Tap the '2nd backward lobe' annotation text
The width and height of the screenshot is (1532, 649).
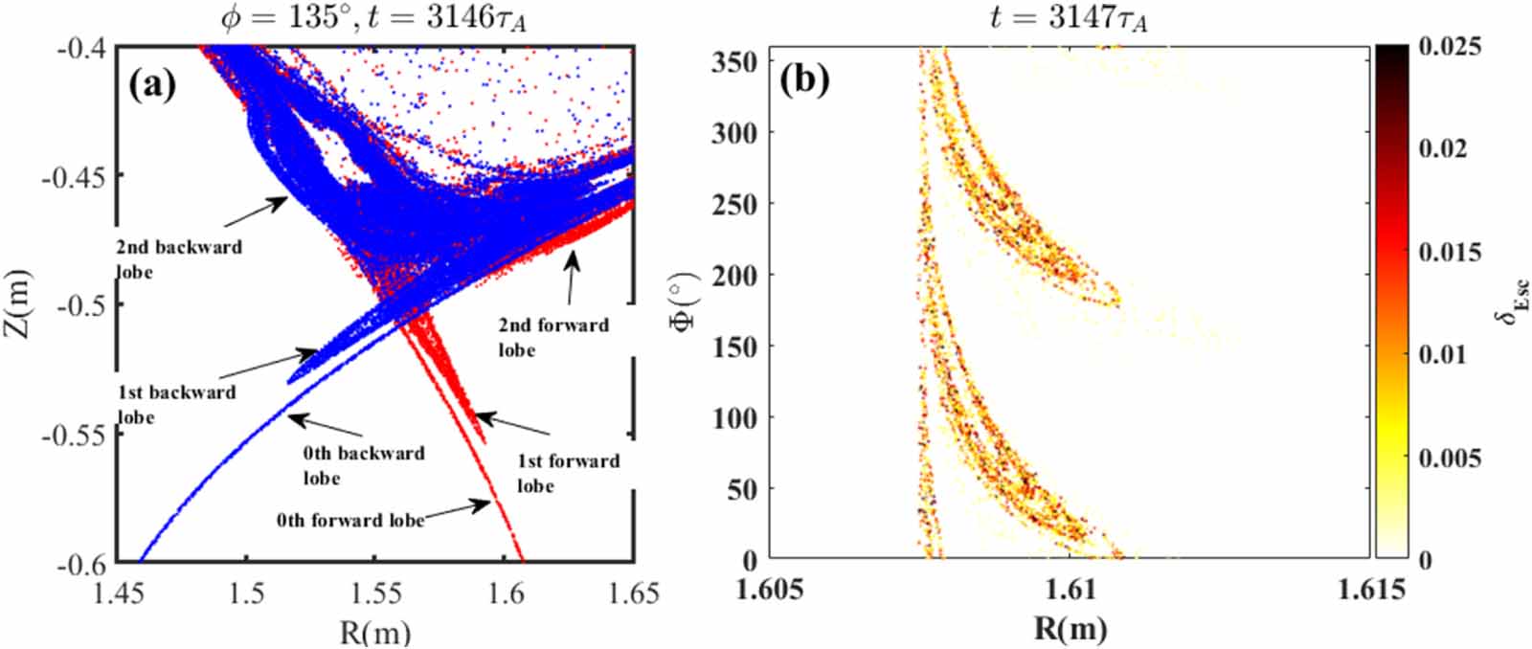click(x=179, y=259)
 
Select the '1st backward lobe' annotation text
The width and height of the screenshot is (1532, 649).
click(x=176, y=404)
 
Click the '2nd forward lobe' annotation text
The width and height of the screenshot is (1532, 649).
click(x=552, y=337)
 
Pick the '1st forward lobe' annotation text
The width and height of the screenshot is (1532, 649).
click(x=568, y=473)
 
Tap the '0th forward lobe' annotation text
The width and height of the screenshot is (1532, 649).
click(x=349, y=521)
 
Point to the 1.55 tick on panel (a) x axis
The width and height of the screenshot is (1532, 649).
click(x=376, y=594)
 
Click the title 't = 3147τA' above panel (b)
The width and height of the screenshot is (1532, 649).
click(x=1069, y=16)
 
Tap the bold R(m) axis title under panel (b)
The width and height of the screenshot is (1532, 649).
click(x=1070, y=628)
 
